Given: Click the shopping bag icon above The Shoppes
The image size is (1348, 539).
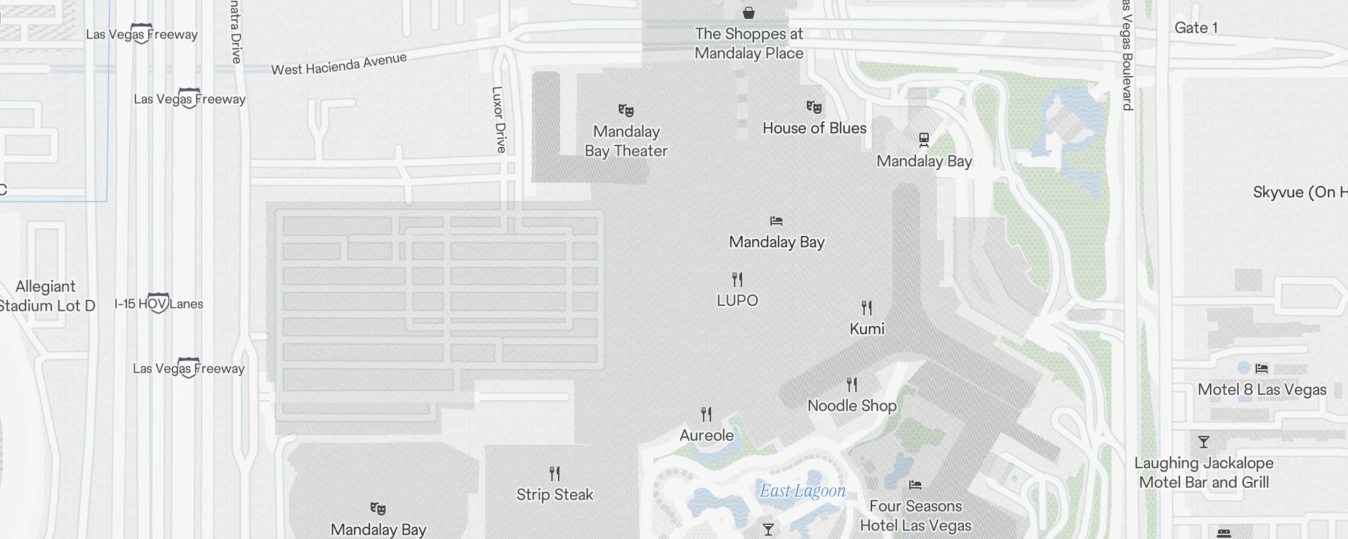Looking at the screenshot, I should click(x=748, y=13).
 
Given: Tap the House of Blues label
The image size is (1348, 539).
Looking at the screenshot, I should click(x=814, y=128).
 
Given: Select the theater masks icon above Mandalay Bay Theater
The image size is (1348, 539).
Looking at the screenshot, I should click(x=626, y=110).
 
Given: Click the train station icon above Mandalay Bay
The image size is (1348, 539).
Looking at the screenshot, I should click(x=924, y=139).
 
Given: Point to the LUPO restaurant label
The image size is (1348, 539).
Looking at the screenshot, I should click(x=737, y=300).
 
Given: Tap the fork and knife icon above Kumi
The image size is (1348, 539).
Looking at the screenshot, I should click(x=867, y=308).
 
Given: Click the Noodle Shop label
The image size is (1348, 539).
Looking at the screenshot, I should click(x=852, y=406).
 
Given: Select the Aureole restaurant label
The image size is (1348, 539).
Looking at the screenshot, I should click(x=706, y=435).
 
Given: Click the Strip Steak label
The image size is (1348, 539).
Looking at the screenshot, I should click(x=555, y=495).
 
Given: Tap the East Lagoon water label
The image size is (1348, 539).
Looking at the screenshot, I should click(x=802, y=491).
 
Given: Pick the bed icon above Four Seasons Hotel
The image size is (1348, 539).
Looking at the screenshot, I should click(x=915, y=484).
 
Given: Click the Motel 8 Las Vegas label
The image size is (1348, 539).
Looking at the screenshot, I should click(x=1262, y=389).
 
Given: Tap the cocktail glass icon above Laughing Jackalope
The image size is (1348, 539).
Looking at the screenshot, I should click(x=1204, y=442).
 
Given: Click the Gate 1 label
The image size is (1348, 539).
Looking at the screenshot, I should click(x=1196, y=28).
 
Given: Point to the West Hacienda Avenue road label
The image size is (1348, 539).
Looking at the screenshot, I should click(x=339, y=64).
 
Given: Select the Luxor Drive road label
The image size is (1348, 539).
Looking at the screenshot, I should click(x=499, y=119).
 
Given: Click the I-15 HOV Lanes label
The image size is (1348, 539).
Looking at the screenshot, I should click(x=158, y=304).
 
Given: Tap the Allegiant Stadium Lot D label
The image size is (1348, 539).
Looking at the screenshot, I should click(x=46, y=296).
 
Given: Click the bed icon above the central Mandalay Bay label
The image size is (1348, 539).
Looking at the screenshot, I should click(x=776, y=221).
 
